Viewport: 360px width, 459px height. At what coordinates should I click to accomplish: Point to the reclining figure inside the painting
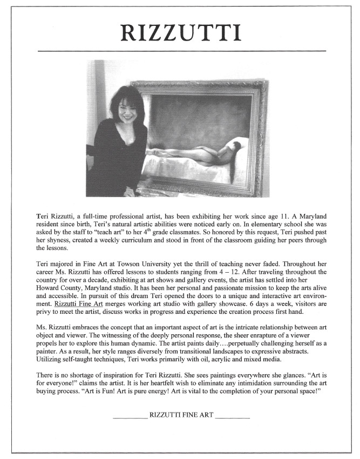pos(200,152)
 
